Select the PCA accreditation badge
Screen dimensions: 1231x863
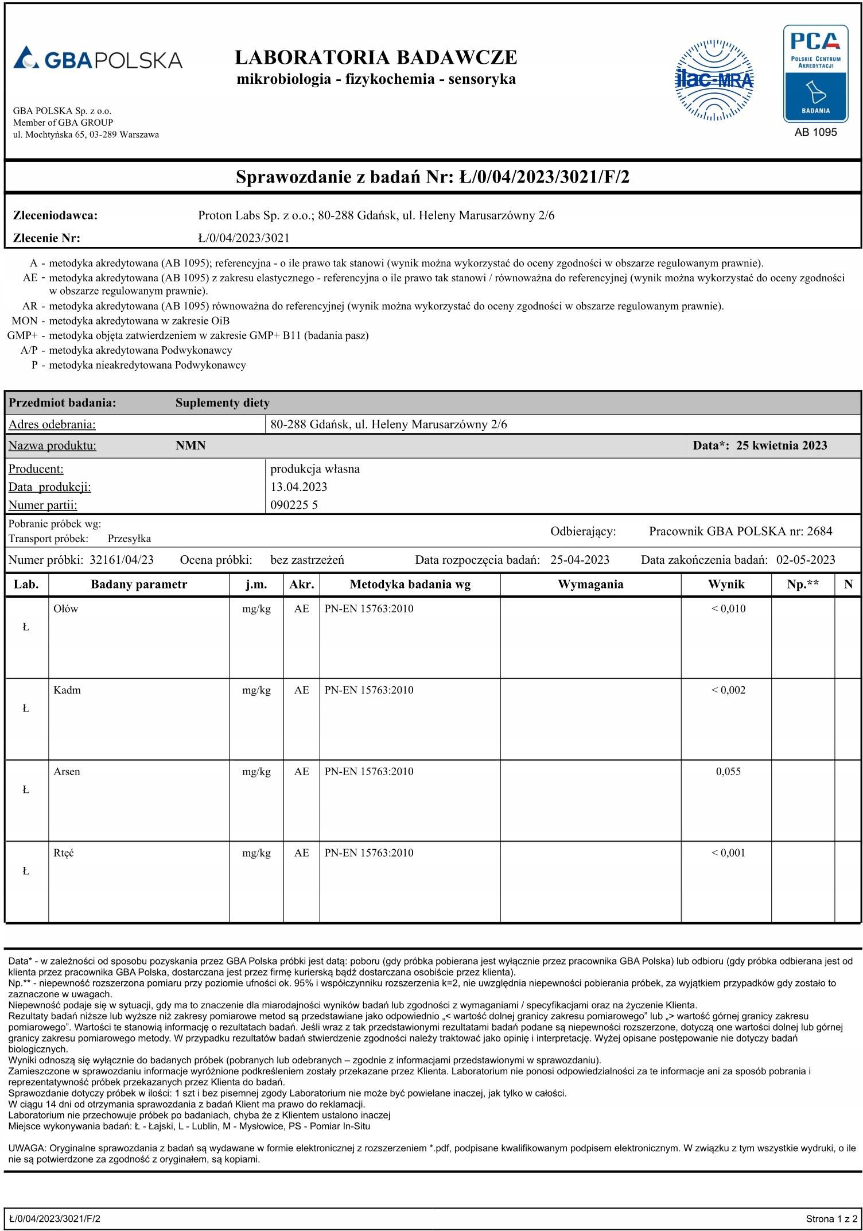pyautogui.click(x=815, y=73)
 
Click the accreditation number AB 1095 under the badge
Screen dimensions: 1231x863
pyautogui.click(x=815, y=133)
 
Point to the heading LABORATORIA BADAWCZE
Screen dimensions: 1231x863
pyautogui.click(x=376, y=57)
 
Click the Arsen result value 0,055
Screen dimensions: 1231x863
pyautogui.click(x=728, y=772)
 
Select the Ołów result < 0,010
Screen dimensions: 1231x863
pyautogui.click(x=728, y=609)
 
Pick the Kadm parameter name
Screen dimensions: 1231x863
pyautogui.click(x=67, y=690)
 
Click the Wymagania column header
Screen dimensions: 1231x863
pyautogui.click(x=590, y=584)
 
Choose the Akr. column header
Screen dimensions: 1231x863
pyautogui.click(x=301, y=584)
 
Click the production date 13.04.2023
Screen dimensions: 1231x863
pyautogui.click(x=298, y=487)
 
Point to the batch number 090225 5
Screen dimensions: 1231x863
pyautogui.click(x=294, y=505)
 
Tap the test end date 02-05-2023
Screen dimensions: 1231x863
pyautogui.click(x=806, y=560)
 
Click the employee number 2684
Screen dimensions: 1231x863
pyautogui.click(x=819, y=531)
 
